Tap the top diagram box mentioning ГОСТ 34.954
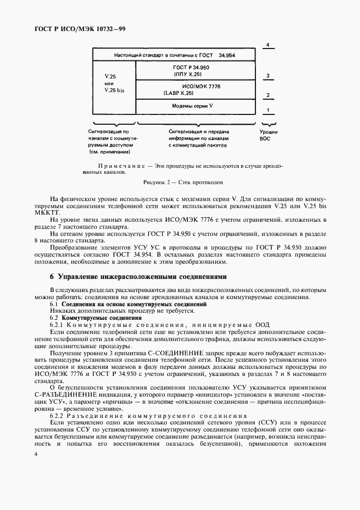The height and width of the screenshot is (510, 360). (174, 56)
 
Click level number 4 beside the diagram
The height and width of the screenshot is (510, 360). (267, 45)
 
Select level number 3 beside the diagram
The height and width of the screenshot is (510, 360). (267, 76)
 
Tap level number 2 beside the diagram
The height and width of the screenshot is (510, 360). (267, 95)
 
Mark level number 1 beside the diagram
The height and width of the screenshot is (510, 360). (267, 111)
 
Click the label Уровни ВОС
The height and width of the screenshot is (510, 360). (269, 135)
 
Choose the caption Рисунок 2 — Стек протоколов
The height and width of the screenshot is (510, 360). (180, 182)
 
